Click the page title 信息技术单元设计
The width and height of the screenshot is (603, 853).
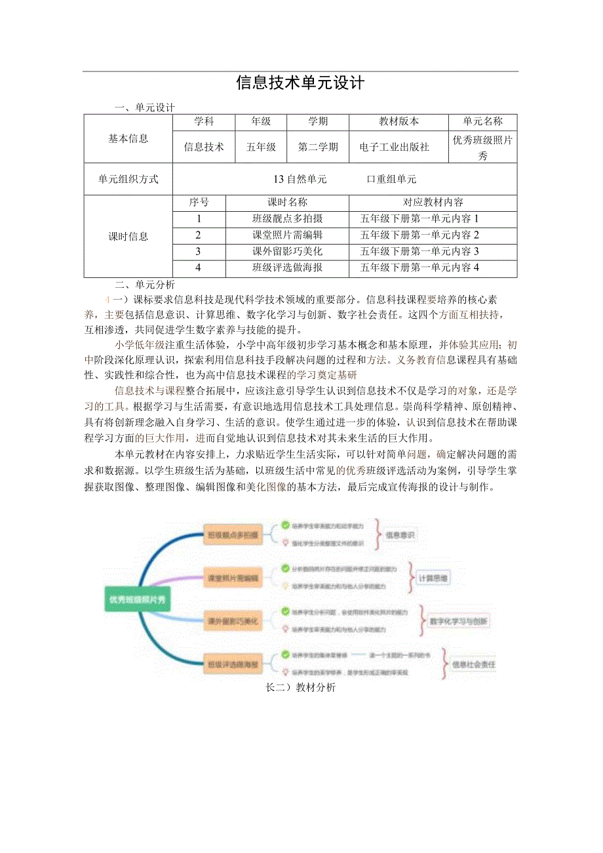tap(300, 83)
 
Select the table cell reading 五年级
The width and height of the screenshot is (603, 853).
tap(260, 148)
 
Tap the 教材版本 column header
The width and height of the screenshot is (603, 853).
tap(399, 121)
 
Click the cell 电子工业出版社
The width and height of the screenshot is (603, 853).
tap(395, 148)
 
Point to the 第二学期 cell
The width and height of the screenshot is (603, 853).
tap(318, 148)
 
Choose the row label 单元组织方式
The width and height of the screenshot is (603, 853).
tap(128, 179)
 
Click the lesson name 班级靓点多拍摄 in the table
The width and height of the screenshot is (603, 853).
tap(287, 219)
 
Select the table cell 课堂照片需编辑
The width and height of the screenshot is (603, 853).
tap(287, 235)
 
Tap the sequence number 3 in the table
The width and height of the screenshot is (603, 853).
tap(199, 252)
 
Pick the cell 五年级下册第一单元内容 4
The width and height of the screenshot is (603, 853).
tap(420, 268)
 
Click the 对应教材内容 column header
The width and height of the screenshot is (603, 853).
tap(433, 203)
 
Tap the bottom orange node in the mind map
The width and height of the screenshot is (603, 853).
tap(233, 664)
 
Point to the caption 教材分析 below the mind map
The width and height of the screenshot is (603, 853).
tap(315, 688)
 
